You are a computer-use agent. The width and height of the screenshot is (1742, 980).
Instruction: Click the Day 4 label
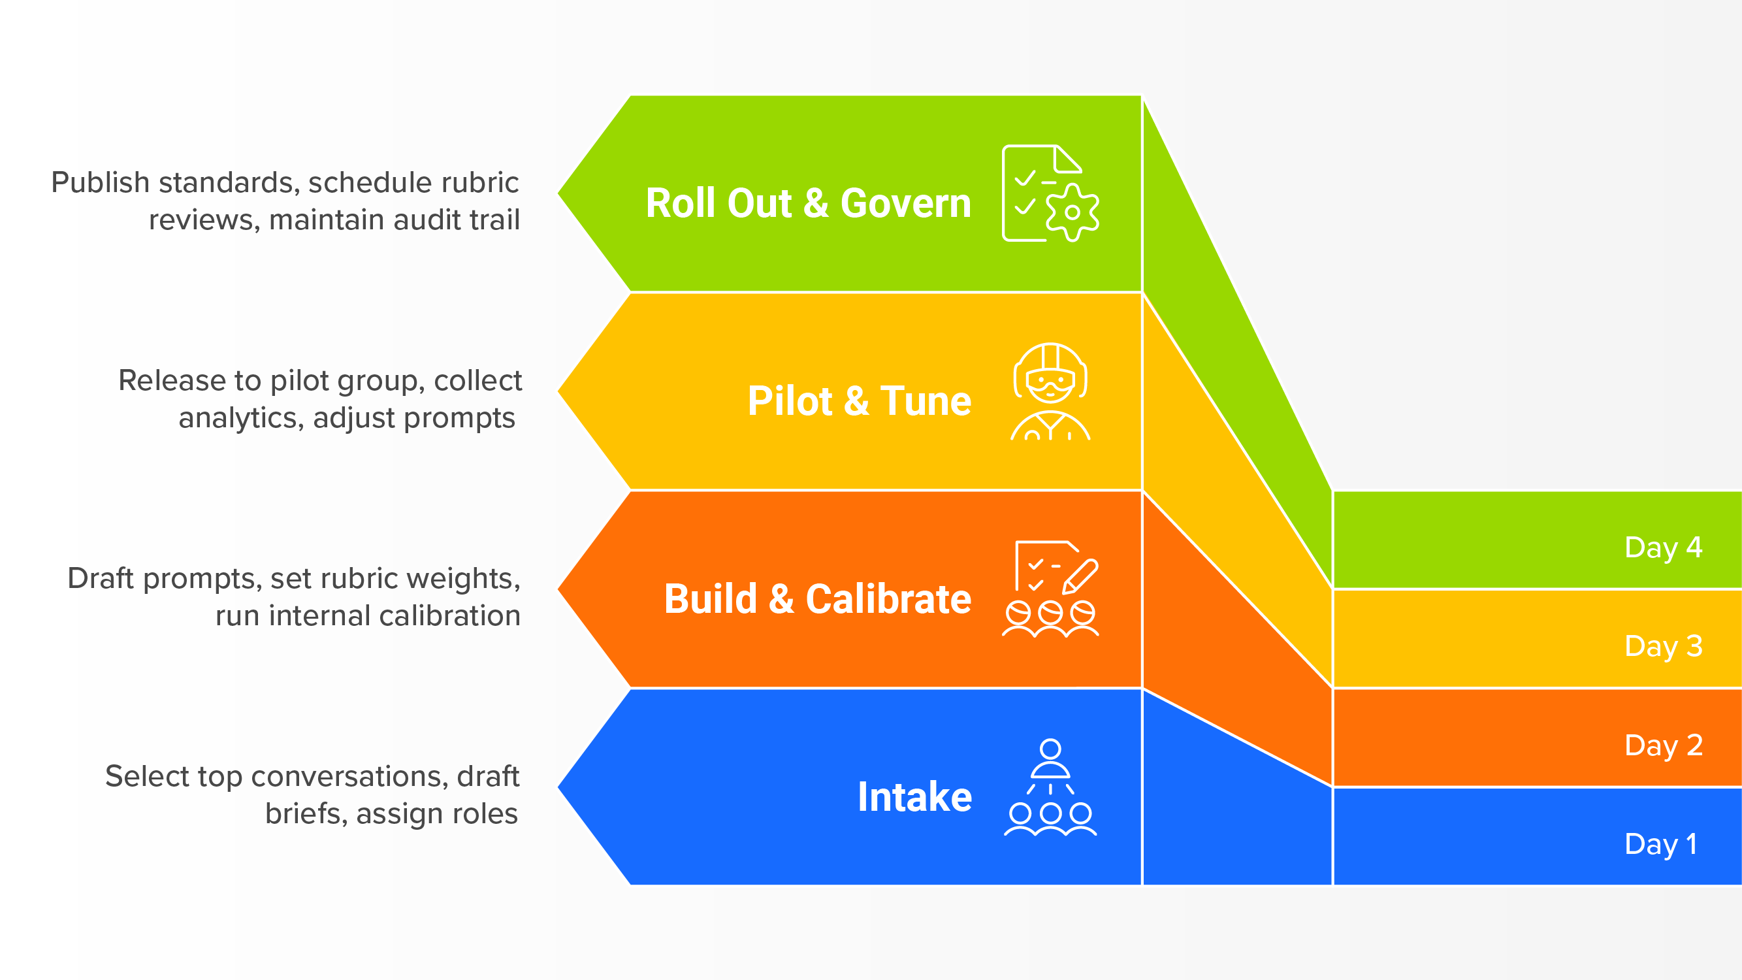pos(1663,547)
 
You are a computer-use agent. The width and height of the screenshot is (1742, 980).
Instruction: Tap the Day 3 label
pos(1663,646)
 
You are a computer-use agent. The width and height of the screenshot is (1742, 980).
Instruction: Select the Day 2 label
pos(1663,745)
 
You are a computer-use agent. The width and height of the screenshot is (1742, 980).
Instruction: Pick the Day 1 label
pos(1660,844)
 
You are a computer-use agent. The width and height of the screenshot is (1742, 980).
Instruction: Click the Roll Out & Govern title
pos(808,203)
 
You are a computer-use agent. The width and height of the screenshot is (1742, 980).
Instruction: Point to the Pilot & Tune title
pos(859,400)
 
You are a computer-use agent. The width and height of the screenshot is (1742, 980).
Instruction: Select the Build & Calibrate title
pos(817,598)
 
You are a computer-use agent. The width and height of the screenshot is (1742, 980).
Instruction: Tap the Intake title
pos(914,796)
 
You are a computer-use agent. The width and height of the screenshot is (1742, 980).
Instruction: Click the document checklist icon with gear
pos(1049,193)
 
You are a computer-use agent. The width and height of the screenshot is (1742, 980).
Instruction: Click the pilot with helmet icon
pos(1050,391)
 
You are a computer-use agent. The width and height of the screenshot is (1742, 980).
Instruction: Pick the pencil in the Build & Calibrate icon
pos(1080,576)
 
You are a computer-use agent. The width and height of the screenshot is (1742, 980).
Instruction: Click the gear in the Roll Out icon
pos(1073,212)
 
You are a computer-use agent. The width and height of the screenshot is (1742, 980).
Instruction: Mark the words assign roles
pos(437,813)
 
